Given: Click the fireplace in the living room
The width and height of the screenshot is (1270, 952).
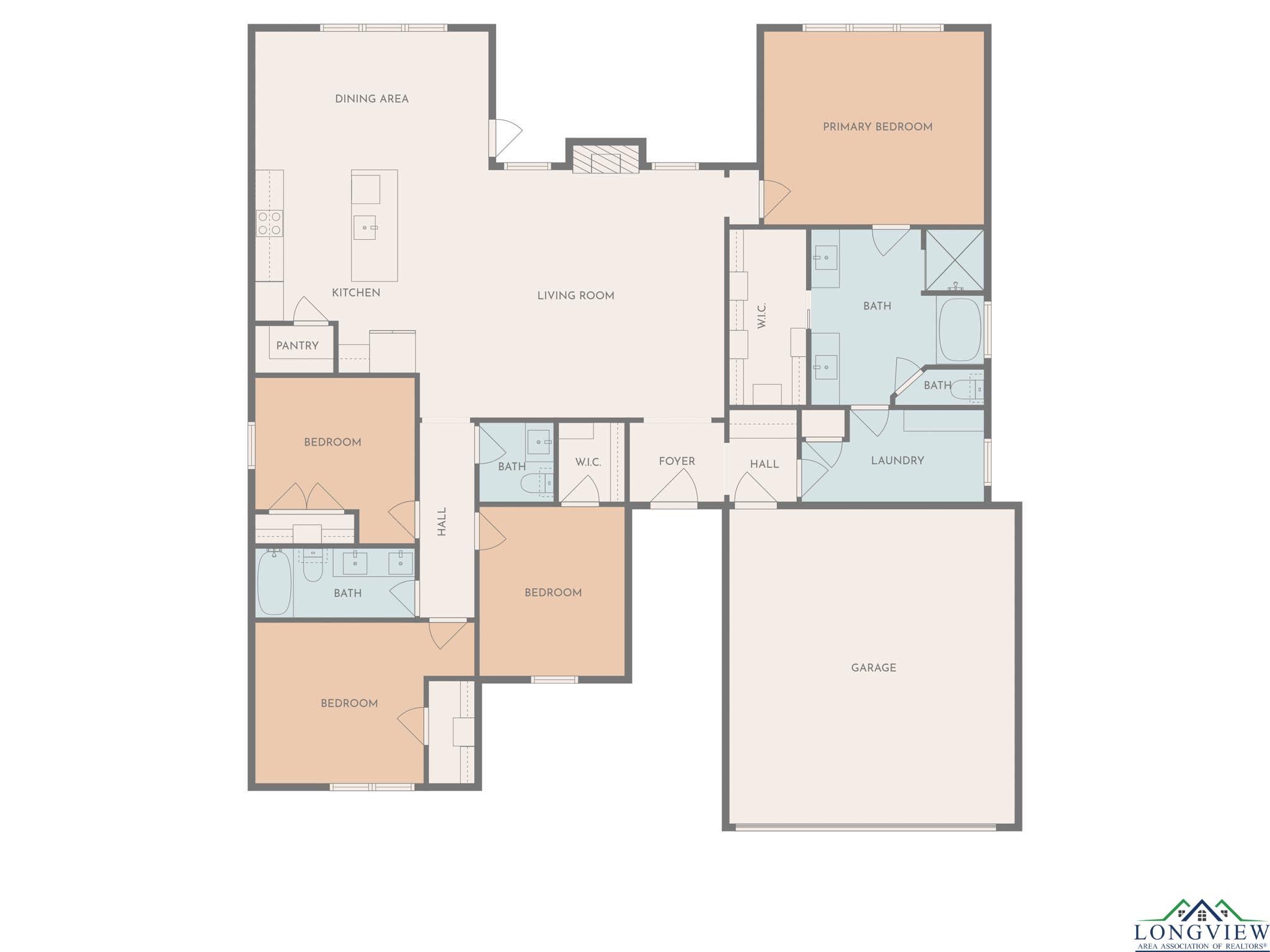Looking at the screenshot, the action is tap(605, 159).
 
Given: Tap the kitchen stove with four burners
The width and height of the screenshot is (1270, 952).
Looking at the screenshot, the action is tap(270, 223).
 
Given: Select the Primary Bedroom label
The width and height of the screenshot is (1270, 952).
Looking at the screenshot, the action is tap(877, 127).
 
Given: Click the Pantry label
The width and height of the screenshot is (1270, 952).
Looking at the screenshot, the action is tap(297, 346).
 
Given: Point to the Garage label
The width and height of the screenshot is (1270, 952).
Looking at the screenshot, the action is tap(873, 668).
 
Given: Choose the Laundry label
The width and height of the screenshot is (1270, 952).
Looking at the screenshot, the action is tap(897, 461).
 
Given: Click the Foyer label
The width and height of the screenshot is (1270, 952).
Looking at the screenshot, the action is tap(677, 461).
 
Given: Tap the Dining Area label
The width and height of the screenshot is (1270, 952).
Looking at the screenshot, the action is tap(371, 99).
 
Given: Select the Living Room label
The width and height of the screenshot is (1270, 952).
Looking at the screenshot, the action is tap(575, 296).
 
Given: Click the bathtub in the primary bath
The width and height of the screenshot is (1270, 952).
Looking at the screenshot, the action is tap(960, 330).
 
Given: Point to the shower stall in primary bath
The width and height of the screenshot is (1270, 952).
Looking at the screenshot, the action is tap(954, 260).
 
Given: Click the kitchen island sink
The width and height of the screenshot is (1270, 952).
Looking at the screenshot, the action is tap(365, 227).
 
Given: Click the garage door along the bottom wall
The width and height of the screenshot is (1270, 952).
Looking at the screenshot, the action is tap(866, 826).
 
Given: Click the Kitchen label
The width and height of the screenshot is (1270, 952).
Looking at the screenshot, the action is tap(356, 293).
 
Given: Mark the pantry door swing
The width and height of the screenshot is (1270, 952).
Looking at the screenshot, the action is tap(310, 310).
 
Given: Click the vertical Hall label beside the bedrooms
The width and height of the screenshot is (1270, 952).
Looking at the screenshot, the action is tap(442, 522).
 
